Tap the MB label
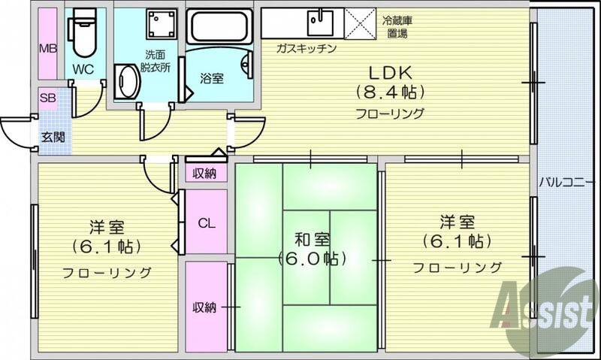47,50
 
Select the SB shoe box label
47,98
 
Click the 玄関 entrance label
52,137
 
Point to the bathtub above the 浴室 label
221,27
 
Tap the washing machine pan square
159,26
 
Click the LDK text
390,73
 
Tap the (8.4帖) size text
390,93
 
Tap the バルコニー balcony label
567,183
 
